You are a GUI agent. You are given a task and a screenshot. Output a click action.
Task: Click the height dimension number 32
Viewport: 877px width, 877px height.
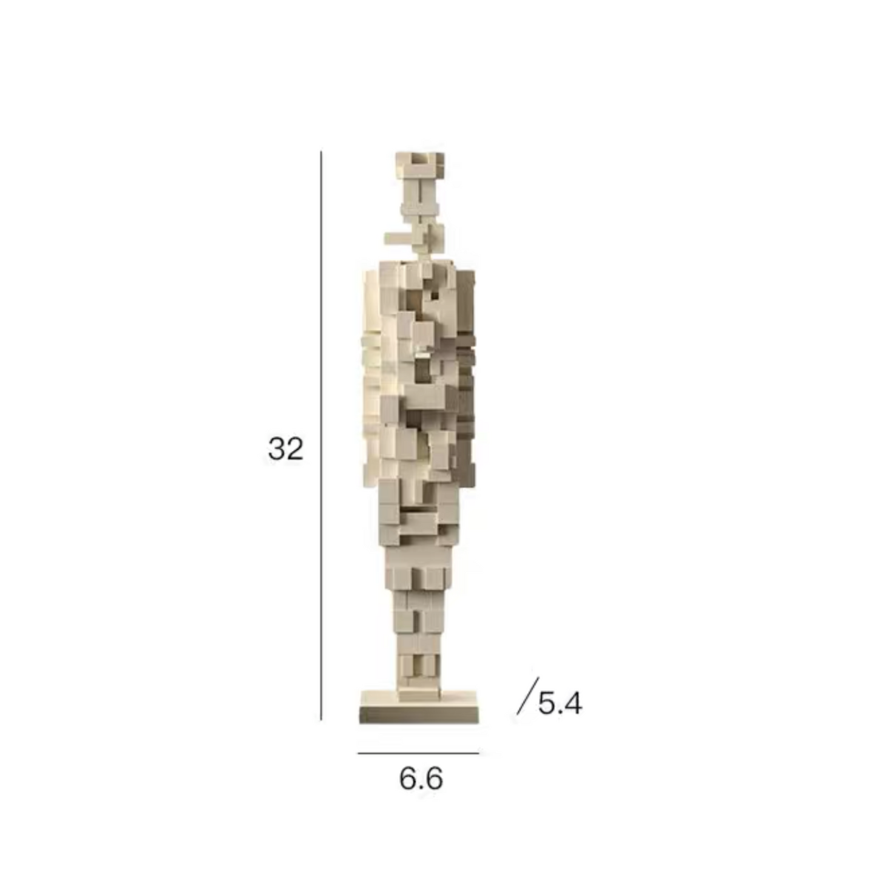click(x=285, y=449)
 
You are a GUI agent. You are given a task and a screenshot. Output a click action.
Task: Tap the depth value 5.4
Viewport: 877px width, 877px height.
click(x=560, y=703)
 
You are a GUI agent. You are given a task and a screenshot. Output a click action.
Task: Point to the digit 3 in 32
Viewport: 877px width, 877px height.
click(x=277, y=449)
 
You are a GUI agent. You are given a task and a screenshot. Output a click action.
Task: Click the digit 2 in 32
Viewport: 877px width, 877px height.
click(x=294, y=449)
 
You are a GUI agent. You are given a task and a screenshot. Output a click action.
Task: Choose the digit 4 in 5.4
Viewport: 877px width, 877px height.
click(x=573, y=703)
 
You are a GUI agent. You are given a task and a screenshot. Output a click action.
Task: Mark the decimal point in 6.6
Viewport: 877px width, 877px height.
click(x=421, y=787)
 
